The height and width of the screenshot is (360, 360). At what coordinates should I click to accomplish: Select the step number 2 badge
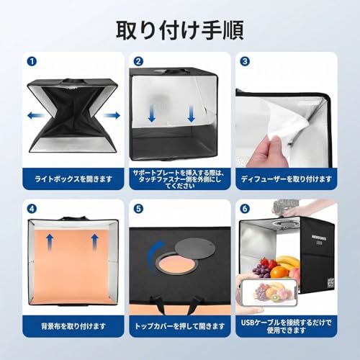(x=139, y=62)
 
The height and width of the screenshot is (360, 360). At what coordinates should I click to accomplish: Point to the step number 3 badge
(x=246, y=62)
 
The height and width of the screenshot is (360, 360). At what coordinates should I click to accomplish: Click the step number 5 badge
(x=139, y=209)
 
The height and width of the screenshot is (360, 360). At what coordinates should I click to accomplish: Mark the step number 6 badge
(x=246, y=209)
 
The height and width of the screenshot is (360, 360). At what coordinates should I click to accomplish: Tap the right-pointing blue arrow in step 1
(x=110, y=115)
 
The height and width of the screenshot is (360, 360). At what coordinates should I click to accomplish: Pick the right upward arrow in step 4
(x=94, y=240)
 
